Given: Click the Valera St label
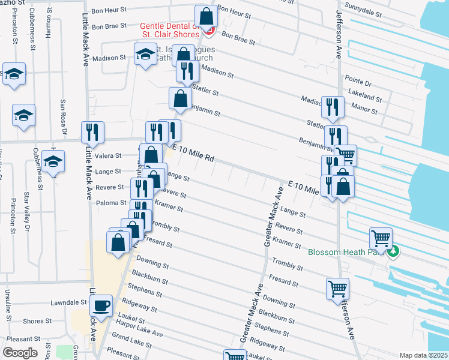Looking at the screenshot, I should point(108,155).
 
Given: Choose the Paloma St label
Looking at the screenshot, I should point(111,203).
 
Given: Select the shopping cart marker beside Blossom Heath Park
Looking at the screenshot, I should point(381,238).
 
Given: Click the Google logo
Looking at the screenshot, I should point(20,353).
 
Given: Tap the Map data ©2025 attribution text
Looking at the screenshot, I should point(423,355).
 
